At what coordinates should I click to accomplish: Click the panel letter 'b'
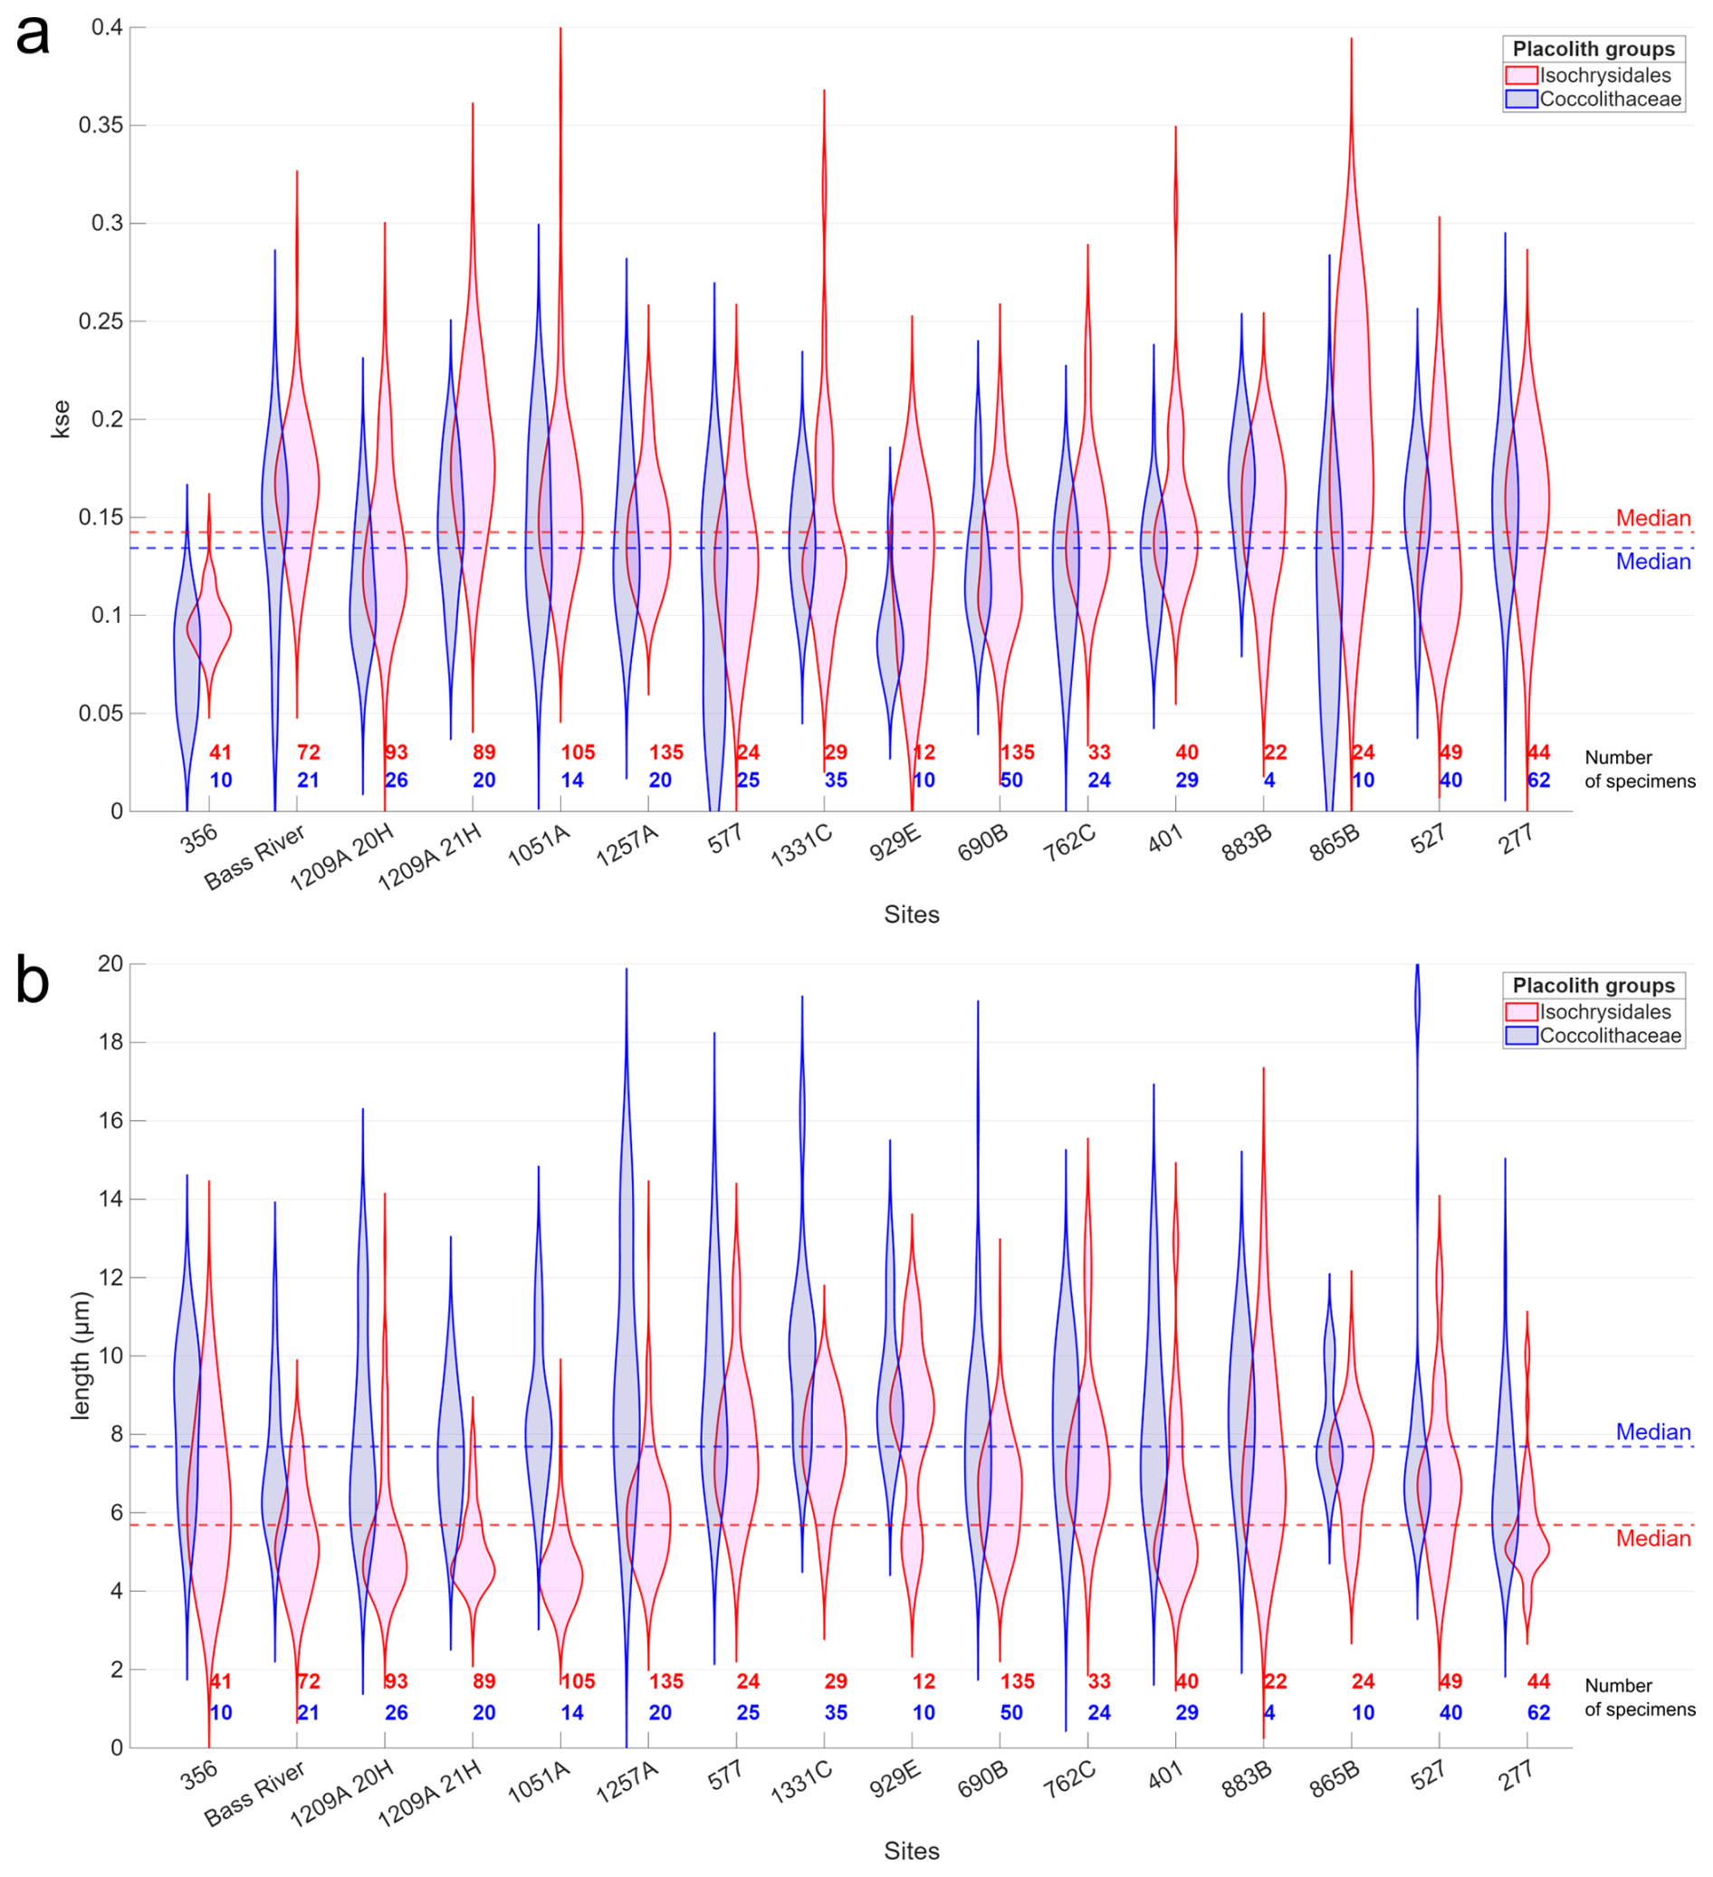(x=33, y=982)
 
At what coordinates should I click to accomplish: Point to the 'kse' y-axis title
(x=61, y=419)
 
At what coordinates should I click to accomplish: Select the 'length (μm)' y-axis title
(x=81, y=1355)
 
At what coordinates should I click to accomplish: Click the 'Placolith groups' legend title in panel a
(x=1593, y=49)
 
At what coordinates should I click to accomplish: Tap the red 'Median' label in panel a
(x=1652, y=518)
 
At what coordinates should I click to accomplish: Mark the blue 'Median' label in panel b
(x=1652, y=1432)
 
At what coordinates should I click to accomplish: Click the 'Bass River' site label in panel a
(x=254, y=857)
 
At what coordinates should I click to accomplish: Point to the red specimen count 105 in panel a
(x=578, y=752)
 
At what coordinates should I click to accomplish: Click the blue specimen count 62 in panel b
(x=1538, y=1712)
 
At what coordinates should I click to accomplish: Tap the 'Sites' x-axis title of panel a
(x=911, y=915)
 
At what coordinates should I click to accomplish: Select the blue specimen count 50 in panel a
(x=1011, y=780)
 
